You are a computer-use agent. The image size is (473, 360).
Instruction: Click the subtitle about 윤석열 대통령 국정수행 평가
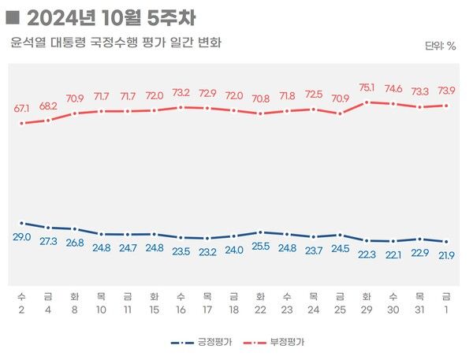(x=116, y=42)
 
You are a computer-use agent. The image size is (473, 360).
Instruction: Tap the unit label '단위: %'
(x=441, y=46)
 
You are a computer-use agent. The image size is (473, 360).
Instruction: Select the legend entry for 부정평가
(x=275, y=343)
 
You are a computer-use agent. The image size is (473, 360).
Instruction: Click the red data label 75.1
(x=366, y=88)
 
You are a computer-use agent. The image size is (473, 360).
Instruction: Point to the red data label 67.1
(x=21, y=108)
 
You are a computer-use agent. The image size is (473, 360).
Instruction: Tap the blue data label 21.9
(x=446, y=255)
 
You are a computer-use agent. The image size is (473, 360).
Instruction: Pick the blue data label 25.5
(x=260, y=247)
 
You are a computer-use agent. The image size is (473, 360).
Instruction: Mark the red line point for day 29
(x=366, y=102)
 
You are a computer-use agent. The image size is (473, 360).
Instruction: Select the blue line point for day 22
(x=260, y=232)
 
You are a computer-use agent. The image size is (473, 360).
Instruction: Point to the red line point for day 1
(x=446, y=106)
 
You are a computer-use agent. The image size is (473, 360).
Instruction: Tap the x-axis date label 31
(x=419, y=310)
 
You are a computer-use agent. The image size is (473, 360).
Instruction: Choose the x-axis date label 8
(x=74, y=310)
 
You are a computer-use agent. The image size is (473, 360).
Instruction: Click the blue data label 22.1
(x=393, y=254)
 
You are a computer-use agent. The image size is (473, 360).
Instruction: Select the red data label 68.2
(x=48, y=106)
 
